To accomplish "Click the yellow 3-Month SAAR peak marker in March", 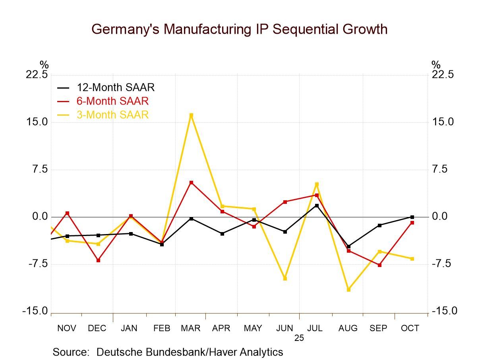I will pyautogui.click(x=191, y=115).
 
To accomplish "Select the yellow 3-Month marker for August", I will pyautogui.click(x=349, y=290).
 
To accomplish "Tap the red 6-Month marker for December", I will pyautogui.click(x=98, y=260).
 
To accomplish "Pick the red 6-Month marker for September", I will pyautogui.click(x=379, y=265).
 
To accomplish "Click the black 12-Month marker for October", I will pyautogui.click(x=412, y=217).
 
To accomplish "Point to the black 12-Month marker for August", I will pyautogui.click(x=349, y=247).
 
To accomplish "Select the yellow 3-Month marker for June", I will pyautogui.click(x=285, y=279).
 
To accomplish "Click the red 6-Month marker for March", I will pyautogui.click(x=191, y=182).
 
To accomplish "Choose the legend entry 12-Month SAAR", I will pyautogui.click(x=115, y=87).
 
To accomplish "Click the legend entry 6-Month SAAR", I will pyautogui.click(x=112, y=101).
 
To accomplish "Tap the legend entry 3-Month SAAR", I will pyautogui.click(x=112, y=115).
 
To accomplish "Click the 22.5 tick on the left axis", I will pyautogui.click(x=37, y=75).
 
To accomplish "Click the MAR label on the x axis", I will pyautogui.click(x=191, y=328).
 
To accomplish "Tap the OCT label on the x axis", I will pyautogui.click(x=410, y=328).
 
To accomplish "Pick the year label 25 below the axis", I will pyautogui.click(x=299, y=338).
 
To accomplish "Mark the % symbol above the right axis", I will pyautogui.click(x=436, y=65).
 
